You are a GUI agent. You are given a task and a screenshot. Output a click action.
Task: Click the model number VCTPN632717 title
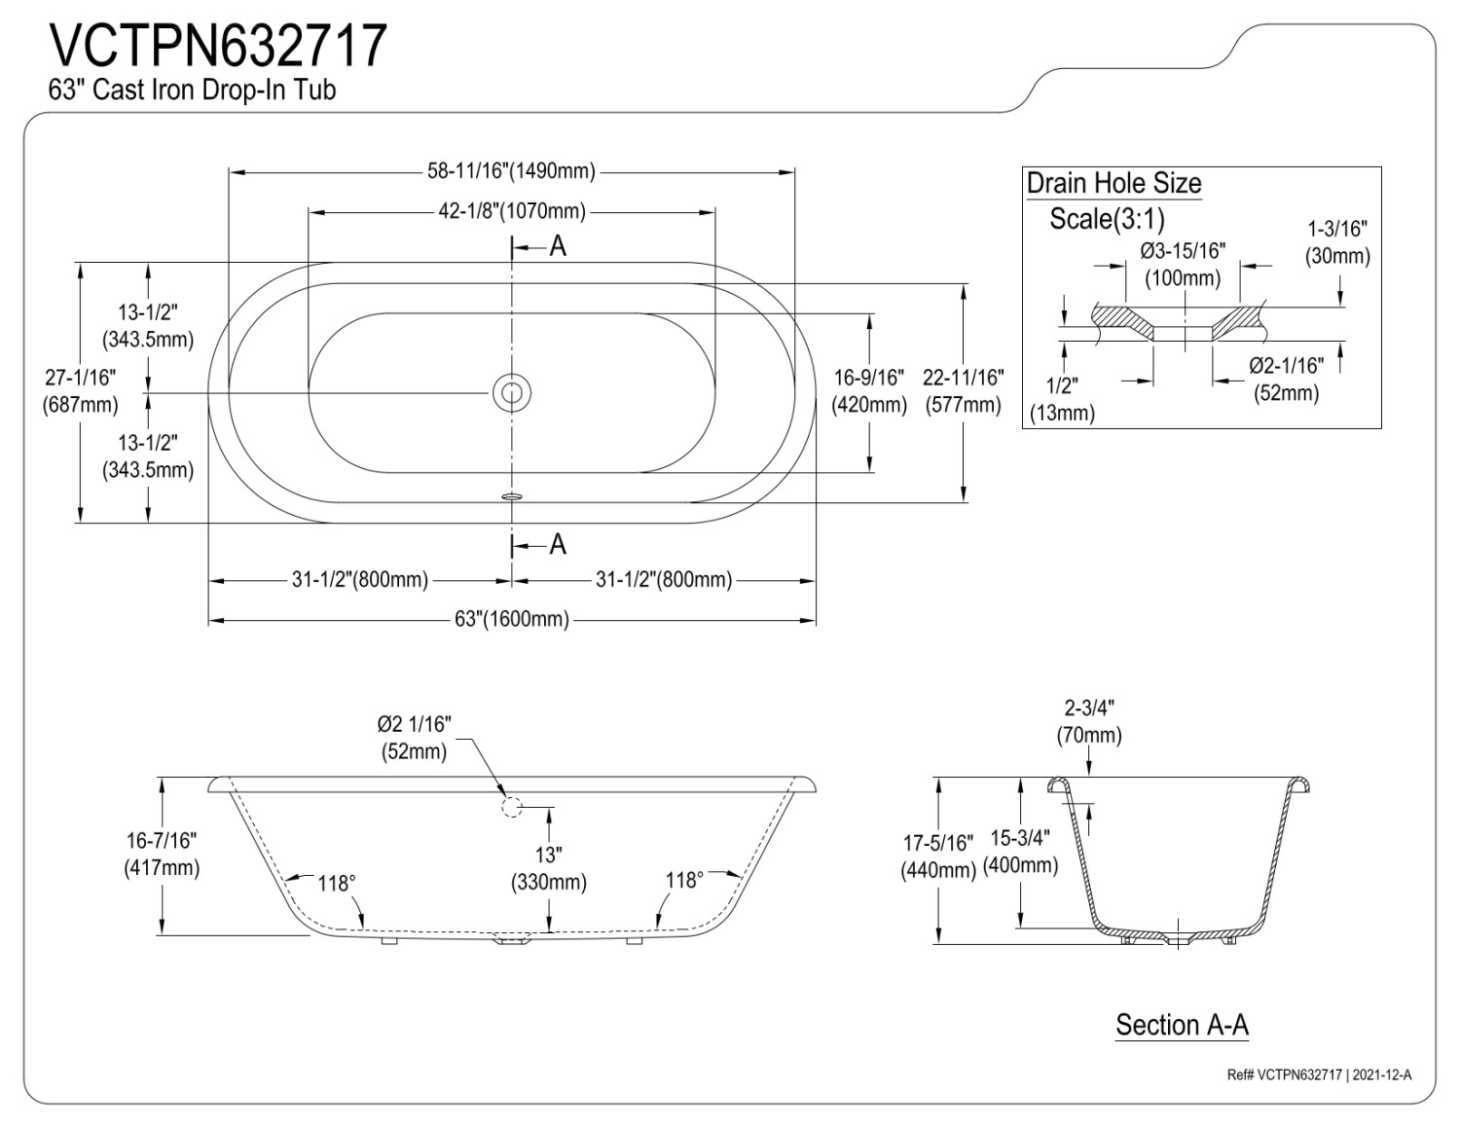coord(218,46)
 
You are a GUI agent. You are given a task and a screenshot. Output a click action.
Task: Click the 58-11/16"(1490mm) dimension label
coord(511,171)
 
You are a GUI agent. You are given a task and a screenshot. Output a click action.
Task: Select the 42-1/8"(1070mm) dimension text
coord(511,211)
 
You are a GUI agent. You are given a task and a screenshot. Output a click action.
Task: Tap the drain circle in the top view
coord(511,393)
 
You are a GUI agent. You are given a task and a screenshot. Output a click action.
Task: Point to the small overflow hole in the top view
coord(512,495)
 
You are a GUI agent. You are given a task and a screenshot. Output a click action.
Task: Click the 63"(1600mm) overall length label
coord(511,619)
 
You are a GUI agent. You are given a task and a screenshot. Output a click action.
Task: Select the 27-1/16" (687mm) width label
coord(81,390)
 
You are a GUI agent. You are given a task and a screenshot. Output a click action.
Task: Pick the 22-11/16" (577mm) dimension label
coord(963,390)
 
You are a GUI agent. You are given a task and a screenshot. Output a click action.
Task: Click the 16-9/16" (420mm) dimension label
coord(869,390)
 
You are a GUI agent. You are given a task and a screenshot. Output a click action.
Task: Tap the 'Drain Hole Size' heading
coord(1113,183)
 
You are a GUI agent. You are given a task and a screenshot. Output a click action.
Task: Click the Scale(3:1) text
coord(1107,219)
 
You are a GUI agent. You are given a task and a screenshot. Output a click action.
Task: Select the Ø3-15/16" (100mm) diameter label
coord(1183,264)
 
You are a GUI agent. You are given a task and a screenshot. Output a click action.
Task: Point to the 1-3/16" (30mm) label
coord(1337,242)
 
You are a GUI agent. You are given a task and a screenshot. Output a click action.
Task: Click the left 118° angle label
coord(337,883)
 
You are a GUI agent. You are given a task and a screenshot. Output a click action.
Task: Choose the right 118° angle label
coord(684,880)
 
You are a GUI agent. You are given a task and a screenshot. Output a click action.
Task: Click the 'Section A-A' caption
coord(1182,1025)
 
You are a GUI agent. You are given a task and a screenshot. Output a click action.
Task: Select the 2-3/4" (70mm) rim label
coord(1089,721)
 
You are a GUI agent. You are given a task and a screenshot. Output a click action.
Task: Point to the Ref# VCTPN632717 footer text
coord(1319,1074)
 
